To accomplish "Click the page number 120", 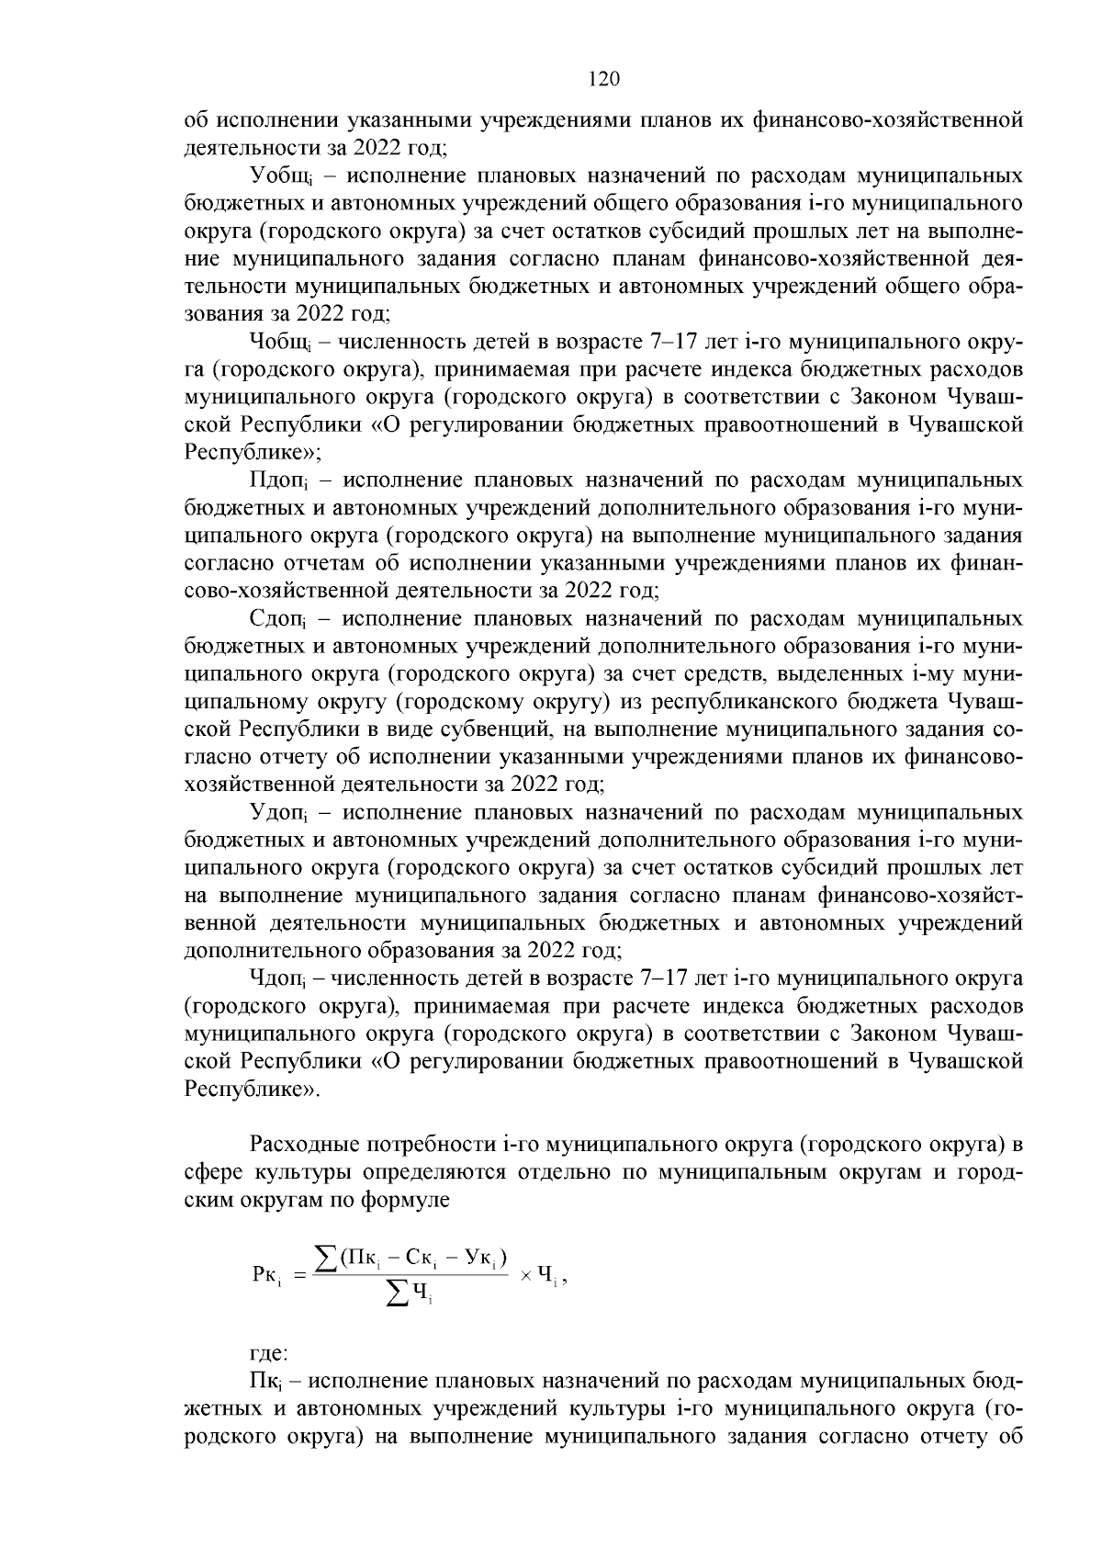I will (x=603, y=79).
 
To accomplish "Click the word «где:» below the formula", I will (x=269, y=1354).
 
